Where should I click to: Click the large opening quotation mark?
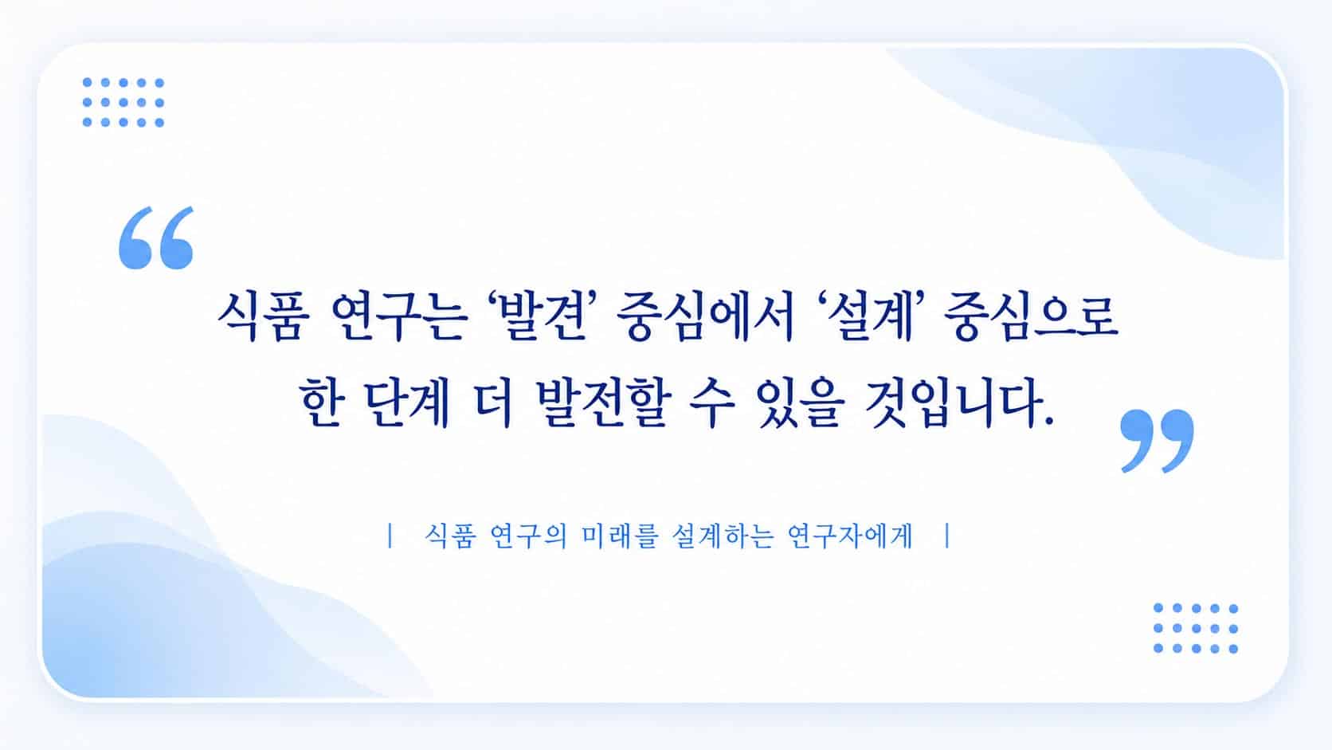click(156, 238)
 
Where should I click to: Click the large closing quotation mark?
click(1157, 441)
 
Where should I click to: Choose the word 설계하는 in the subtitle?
click(723, 536)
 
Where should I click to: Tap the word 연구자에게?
click(850, 536)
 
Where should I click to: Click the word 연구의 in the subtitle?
click(529, 536)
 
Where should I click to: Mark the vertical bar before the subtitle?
click(390, 536)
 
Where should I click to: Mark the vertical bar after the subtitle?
click(947, 536)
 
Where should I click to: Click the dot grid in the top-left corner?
click(123, 102)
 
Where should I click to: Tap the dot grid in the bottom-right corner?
click(1196, 628)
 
